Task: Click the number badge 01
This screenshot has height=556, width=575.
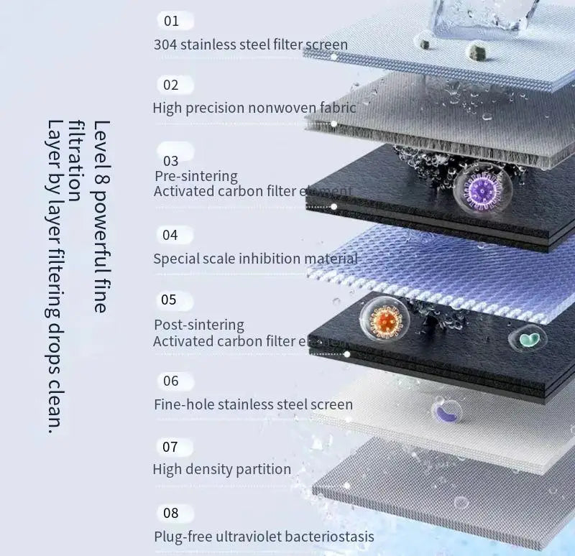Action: click(x=171, y=21)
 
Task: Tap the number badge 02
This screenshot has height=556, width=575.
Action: click(x=171, y=85)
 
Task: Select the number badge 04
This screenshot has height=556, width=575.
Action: click(x=170, y=235)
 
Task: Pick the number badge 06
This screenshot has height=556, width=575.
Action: click(x=170, y=381)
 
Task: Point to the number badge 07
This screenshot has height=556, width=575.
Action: click(x=170, y=447)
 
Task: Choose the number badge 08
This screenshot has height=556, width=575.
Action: click(x=171, y=513)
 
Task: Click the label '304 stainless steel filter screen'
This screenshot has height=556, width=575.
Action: click(x=251, y=45)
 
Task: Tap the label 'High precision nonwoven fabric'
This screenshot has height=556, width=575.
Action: click(x=254, y=108)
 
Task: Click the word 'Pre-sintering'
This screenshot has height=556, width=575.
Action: click(x=195, y=176)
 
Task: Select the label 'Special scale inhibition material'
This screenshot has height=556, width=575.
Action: click(x=255, y=259)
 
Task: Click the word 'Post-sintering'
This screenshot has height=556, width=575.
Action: click(x=199, y=325)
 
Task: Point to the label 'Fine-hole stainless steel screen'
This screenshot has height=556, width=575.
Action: click(x=253, y=404)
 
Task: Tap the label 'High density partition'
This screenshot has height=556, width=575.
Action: click(x=221, y=469)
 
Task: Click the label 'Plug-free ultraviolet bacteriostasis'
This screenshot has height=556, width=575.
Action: click(x=264, y=537)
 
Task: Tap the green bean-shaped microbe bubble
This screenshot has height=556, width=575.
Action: click(x=528, y=338)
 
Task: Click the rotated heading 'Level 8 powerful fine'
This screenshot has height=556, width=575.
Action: click(x=101, y=216)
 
